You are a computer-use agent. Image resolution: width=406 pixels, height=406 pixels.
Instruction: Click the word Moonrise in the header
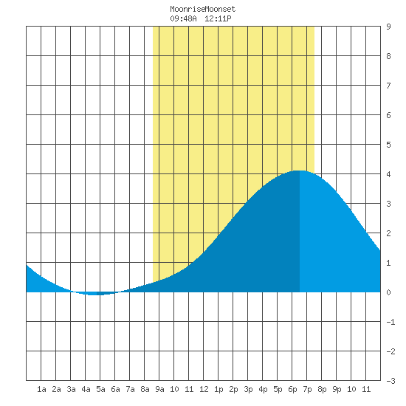point(187,10)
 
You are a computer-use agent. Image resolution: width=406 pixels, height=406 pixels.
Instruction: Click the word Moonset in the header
point(220,10)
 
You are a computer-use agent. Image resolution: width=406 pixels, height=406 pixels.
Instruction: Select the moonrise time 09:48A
point(183,18)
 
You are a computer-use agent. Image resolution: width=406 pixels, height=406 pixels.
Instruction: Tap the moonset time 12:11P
point(218,18)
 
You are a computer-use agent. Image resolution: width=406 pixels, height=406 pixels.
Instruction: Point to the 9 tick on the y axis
point(388,27)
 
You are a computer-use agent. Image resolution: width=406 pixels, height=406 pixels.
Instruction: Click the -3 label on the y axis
point(390,381)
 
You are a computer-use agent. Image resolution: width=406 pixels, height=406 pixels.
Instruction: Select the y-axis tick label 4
point(388,174)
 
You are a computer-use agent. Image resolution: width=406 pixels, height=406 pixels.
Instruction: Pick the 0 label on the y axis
point(388,292)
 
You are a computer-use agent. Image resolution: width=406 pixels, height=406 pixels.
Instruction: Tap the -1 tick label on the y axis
point(390,322)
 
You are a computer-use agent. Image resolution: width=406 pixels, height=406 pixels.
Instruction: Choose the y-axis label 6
point(388,115)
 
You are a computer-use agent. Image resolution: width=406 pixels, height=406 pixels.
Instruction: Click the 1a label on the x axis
point(41,389)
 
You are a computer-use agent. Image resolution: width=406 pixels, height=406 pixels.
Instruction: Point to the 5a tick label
point(100,389)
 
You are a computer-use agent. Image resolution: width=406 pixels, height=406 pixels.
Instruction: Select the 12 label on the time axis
point(204,389)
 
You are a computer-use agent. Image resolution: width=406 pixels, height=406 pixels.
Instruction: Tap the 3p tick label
point(248,389)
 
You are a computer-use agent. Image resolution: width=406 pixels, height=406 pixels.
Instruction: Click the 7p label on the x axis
point(307,389)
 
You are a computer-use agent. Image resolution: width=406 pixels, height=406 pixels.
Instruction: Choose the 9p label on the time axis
point(337,389)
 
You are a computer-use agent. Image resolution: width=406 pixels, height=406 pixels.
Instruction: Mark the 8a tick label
point(145,389)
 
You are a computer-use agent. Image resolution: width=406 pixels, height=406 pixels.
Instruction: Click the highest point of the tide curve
point(299,171)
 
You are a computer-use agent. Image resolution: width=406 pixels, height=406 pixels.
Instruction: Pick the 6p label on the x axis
point(292,389)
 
